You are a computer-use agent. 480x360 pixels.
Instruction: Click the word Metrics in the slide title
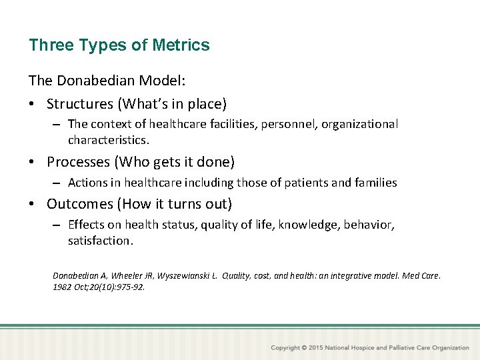point(181,45)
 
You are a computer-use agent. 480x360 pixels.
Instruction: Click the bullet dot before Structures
point(33,105)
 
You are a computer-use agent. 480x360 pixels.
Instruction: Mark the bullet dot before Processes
point(33,163)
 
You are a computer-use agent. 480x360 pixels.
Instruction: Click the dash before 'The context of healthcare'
point(58,125)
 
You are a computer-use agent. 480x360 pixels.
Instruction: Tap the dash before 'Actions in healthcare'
point(58,183)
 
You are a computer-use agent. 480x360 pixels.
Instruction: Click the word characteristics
point(108,141)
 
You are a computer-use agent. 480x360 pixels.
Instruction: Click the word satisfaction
point(99,241)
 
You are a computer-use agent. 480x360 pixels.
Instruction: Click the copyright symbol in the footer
point(304,348)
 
